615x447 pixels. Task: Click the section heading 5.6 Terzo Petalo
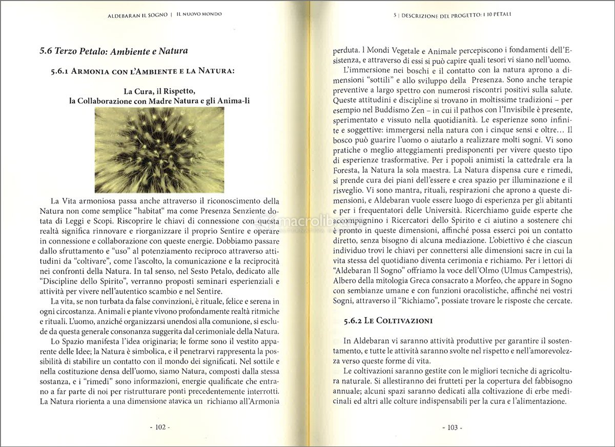click(x=113, y=51)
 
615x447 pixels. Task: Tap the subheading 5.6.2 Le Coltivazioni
click(x=388, y=321)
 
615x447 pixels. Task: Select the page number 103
click(x=452, y=427)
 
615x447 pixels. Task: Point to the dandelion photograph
click(x=159, y=150)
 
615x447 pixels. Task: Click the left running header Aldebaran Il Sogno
click(x=138, y=15)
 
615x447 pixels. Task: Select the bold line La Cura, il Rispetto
click(x=159, y=91)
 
